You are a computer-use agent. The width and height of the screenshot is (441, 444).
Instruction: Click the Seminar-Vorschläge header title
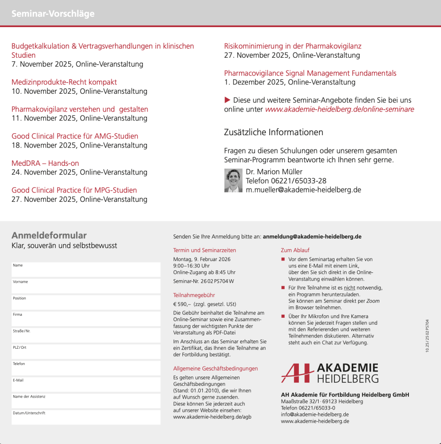tap(53, 14)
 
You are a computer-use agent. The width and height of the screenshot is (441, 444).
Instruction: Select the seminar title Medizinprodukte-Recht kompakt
tap(64, 82)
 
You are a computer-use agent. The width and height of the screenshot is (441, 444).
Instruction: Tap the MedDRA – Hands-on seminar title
tap(45, 163)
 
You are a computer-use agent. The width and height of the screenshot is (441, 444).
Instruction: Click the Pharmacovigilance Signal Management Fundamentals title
tap(310, 73)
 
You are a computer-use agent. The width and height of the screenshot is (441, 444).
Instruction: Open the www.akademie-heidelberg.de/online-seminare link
tap(339, 109)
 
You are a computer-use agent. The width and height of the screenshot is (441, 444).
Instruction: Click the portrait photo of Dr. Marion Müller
tap(233, 180)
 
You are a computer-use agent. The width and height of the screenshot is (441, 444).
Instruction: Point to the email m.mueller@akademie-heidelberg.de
tap(303, 189)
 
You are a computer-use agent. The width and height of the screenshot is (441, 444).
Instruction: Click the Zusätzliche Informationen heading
tap(273, 132)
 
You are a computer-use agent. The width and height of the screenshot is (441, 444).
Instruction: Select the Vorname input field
tap(86, 286)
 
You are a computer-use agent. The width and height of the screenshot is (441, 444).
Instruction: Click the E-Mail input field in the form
tap(86, 385)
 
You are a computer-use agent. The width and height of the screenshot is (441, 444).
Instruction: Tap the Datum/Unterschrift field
tap(86, 417)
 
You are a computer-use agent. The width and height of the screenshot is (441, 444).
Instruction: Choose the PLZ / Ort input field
tap(86, 352)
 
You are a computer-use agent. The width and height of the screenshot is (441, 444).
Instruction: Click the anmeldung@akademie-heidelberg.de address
tap(312, 236)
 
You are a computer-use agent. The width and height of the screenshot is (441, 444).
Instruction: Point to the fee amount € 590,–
tap(182, 304)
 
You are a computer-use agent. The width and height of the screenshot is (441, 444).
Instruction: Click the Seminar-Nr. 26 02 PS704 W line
tap(203, 281)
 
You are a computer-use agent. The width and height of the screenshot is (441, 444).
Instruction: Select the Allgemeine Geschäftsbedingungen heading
tap(215, 369)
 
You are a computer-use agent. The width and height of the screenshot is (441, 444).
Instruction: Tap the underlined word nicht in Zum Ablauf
tap(349, 288)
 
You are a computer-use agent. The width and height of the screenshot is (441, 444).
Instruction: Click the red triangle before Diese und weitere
tap(227, 100)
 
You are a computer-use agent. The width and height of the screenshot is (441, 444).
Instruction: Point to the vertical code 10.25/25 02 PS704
tap(427, 335)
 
